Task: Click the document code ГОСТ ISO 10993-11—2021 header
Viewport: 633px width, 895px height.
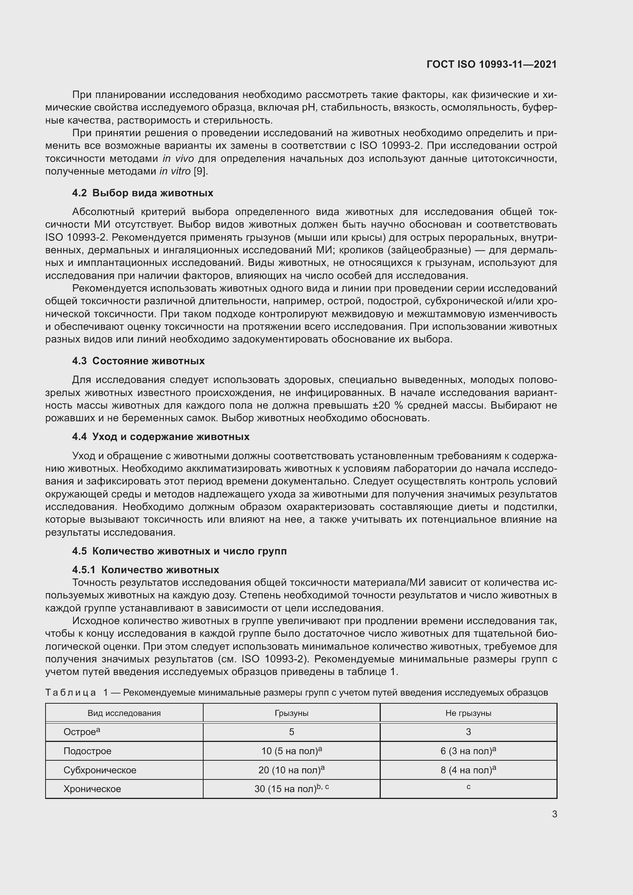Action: (x=491, y=65)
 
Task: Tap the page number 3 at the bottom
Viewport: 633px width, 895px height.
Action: (x=554, y=814)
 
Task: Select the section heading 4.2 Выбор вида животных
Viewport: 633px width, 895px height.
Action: (x=143, y=193)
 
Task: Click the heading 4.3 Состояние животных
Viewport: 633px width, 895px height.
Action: (x=139, y=361)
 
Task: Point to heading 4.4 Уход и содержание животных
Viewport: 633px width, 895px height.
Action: (x=161, y=437)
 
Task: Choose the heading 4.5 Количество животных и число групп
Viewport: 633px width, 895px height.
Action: (x=179, y=551)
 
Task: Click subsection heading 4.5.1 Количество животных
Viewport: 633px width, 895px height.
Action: (x=145, y=570)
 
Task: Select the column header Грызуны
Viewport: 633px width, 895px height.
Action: (x=291, y=713)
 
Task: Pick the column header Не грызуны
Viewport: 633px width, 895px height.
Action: (x=468, y=713)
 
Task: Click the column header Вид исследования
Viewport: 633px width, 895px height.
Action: (x=124, y=713)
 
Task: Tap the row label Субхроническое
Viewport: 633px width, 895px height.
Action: (x=100, y=770)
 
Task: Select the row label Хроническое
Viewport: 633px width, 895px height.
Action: (x=92, y=789)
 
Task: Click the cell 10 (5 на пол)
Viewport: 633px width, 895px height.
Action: (x=290, y=751)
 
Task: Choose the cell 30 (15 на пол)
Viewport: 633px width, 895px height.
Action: (x=286, y=789)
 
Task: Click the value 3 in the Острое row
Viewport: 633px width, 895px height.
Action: (x=468, y=732)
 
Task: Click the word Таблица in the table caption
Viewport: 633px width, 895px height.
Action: (x=70, y=692)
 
